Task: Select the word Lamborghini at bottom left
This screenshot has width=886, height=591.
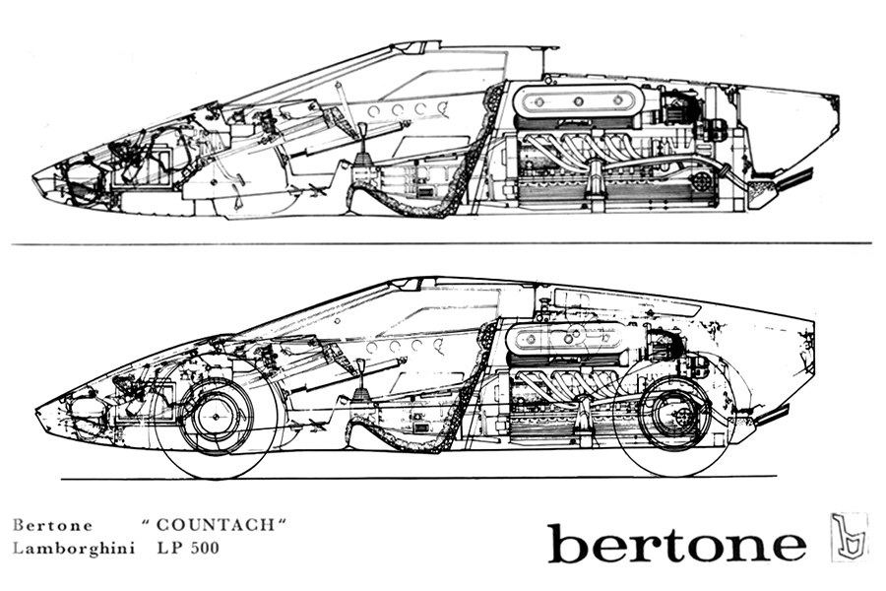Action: (x=74, y=549)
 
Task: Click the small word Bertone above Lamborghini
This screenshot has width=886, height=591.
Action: (x=52, y=525)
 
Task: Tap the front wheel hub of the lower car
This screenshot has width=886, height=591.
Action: (x=216, y=418)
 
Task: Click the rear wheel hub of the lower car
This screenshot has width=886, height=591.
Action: (x=675, y=416)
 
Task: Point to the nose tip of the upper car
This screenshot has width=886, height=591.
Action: (x=32, y=178)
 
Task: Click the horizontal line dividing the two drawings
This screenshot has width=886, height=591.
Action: (x=441, y=243)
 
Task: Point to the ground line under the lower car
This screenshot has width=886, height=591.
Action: (x=418, y=479)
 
